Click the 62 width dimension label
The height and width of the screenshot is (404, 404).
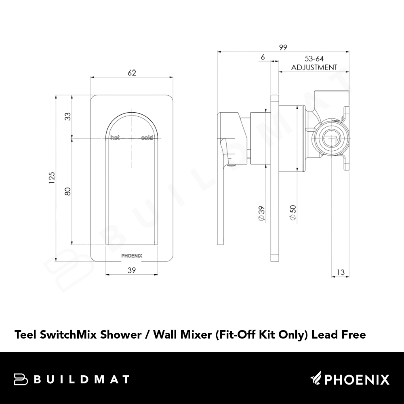tap(132, 73)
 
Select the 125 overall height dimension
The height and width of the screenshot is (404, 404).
tap(52, 178)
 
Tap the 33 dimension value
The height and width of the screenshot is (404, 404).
tap(67, 116)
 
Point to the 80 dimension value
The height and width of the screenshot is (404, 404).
tap(67, 191)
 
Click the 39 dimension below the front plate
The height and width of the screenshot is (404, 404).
tap(132, 270)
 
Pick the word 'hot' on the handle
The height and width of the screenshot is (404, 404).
tap(115, 138)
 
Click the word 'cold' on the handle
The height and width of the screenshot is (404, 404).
tap(147, 138)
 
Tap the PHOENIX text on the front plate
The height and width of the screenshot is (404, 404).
tap(132, 256)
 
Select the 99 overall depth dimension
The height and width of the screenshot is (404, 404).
tap(283, 47)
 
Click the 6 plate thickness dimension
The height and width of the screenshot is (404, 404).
tap(263, 57)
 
